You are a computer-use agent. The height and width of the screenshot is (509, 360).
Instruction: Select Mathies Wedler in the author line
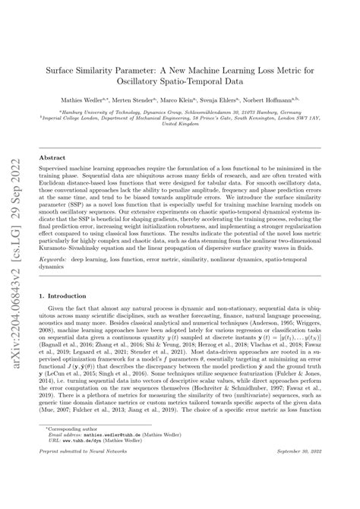click(x=99, y=100)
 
